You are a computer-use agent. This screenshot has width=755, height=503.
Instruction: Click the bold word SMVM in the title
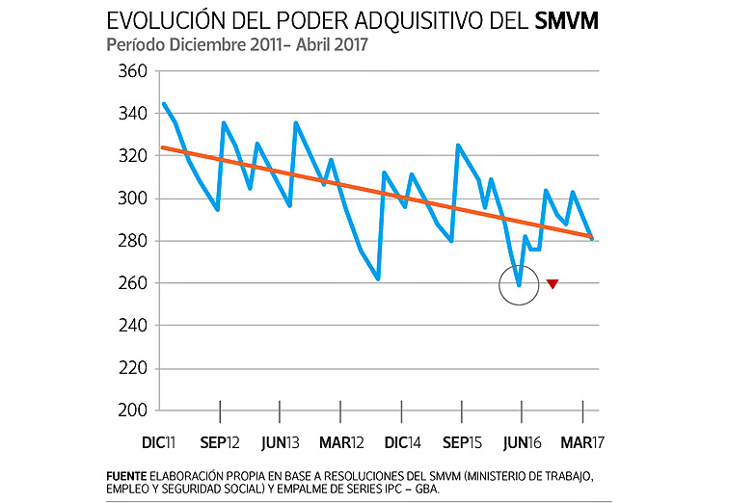pos(565,21)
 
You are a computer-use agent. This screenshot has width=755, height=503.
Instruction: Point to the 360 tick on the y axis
pos(133,71)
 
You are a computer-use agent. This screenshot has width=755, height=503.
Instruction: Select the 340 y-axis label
pos(133,114)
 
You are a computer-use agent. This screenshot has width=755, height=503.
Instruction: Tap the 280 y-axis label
pos(133,241)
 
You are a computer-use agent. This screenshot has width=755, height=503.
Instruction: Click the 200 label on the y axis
pos(133,410)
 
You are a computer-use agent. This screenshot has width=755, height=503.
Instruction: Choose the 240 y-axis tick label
pos(133,326)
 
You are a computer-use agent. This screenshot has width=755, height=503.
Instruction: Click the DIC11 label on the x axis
pos(159,442)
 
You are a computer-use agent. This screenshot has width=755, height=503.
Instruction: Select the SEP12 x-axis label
pos(221,442)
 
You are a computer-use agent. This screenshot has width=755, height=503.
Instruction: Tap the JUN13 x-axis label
pos(281,442)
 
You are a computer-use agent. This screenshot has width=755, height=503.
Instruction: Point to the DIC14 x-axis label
pos(401,442)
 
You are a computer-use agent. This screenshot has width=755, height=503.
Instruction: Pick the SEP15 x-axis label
pos(462,442)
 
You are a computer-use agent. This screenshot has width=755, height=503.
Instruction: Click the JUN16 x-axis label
pos(522,442)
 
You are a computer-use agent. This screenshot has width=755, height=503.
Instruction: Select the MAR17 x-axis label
pos(582,442)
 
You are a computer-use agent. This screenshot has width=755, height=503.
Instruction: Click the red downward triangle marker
pos(553,283)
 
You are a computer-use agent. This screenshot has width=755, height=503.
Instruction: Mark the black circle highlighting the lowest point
pos(519,285)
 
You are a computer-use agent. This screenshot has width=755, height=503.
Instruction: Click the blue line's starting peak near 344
pos(164,103)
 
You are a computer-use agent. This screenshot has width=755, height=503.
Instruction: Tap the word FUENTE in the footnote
pos(127,475)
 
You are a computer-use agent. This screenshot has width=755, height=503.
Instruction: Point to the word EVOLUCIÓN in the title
pos(165,21)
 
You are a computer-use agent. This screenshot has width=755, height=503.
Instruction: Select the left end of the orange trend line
pos(162,147)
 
